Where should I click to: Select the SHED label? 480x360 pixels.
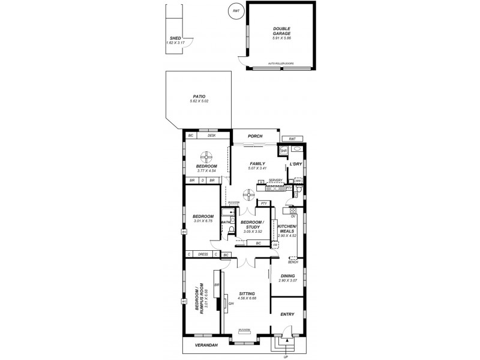pos(175,38)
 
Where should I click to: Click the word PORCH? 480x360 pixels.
pos(256,136)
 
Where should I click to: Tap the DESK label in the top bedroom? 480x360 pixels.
pos(211,136)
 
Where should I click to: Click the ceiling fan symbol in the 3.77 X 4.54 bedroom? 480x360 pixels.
pos(206,156)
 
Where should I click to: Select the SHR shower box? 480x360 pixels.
pos(284,151)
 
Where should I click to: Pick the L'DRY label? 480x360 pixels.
pos(295,164)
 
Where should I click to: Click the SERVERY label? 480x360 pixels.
pos(275,180)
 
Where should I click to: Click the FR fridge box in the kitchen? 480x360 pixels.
pos(275,245)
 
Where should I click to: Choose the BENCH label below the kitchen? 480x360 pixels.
pos(293,262)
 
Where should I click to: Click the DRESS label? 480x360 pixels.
pos(203,254)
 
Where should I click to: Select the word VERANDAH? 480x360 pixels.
pos(205,346)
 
